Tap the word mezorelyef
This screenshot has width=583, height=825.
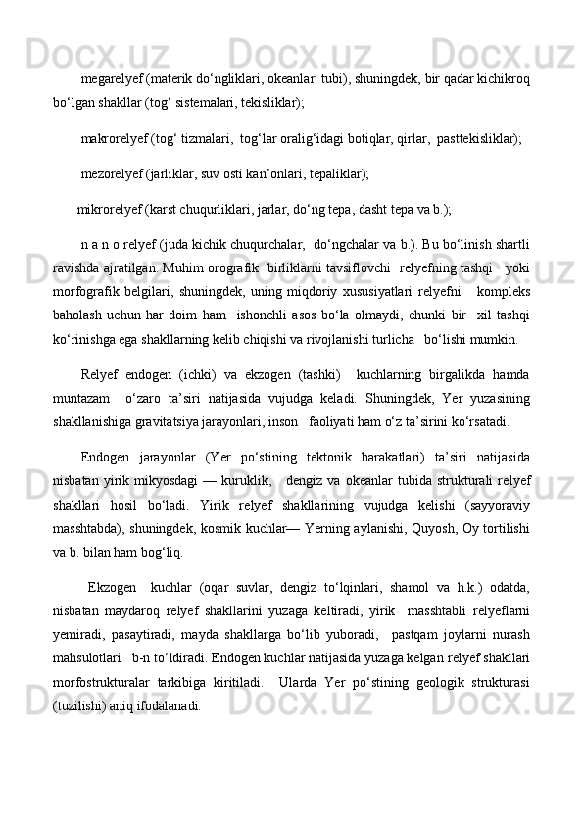(111, 174)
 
